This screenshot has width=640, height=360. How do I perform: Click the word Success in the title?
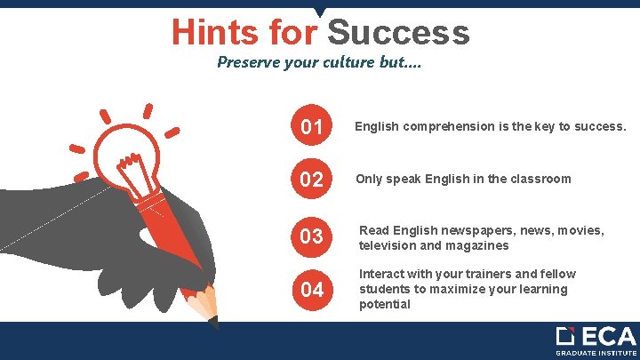coord(398,33)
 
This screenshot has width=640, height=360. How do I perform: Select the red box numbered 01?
coord(312,128)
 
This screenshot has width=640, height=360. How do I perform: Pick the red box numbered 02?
coord(312,180)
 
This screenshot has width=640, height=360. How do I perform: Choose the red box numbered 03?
coord(312,236)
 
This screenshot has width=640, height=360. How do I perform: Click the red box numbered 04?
coord(312,291)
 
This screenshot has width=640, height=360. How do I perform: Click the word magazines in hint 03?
coord(478,245)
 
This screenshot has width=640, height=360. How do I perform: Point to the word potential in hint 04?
coord(385,304)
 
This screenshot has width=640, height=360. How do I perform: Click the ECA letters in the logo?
coord(609,337)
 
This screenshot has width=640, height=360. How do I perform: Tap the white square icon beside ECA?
coord(565,336)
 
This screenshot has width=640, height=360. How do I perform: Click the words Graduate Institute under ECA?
coord(596,353)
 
